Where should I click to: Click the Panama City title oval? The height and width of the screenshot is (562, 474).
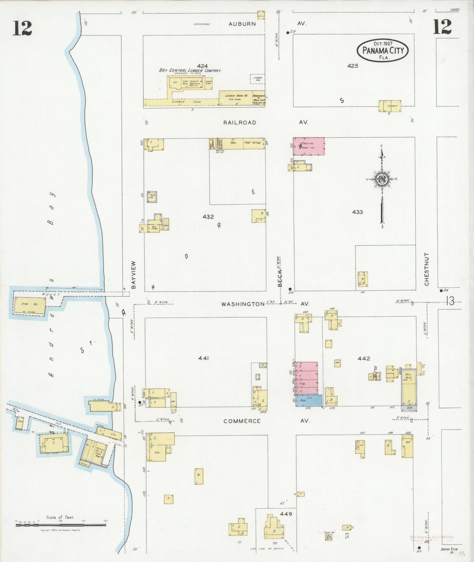[382, 50]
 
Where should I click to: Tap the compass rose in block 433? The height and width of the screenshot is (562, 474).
[382, 179]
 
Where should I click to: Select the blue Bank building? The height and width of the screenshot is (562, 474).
[308, 401]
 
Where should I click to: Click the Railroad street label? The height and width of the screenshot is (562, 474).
[239, 122]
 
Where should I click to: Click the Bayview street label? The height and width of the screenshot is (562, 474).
[133, 275]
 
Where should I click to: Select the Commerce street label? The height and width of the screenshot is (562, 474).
[242, 421]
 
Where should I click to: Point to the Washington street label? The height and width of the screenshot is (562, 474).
[243, 304]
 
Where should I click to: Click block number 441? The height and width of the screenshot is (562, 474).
[204, 358]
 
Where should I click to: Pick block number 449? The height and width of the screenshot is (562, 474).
[286, 514]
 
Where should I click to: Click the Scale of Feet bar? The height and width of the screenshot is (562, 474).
[61, 525]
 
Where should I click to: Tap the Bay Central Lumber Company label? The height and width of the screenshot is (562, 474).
[190, 70]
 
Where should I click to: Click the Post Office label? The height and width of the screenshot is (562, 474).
[252, 143]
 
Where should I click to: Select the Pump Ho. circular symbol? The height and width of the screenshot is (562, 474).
[328, 537]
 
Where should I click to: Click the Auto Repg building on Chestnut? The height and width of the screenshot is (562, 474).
[409, 389]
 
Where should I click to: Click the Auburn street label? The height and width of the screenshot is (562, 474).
[242, 24]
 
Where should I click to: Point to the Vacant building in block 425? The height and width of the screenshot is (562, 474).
[390, 106]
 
